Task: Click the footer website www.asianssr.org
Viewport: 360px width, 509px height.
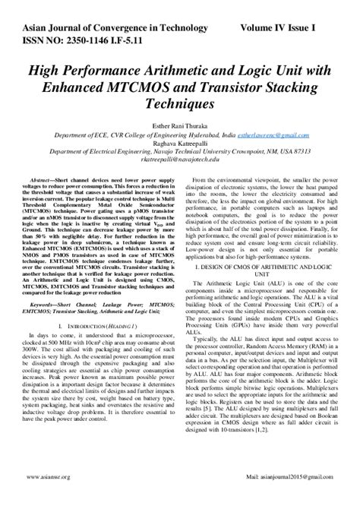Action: point(48,498)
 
